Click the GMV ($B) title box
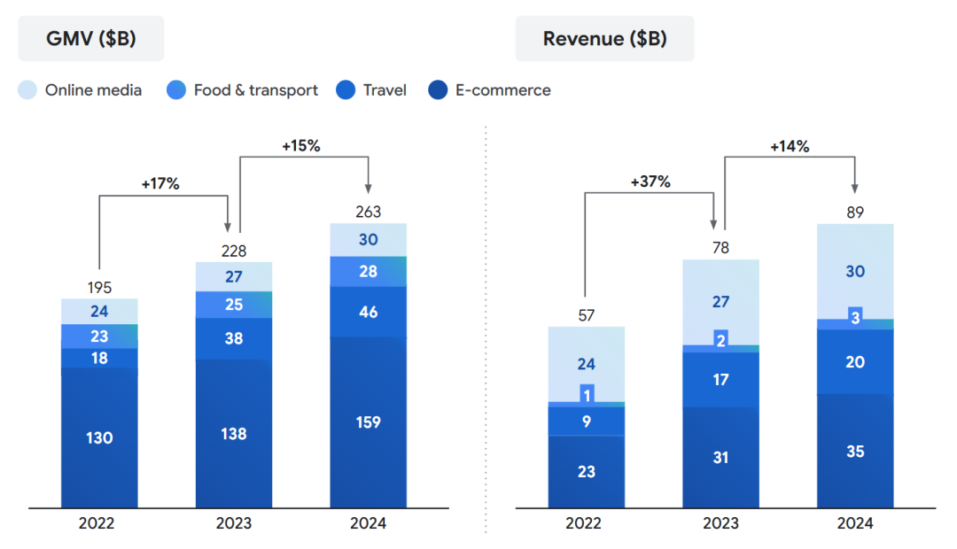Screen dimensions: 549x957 click(91, 38)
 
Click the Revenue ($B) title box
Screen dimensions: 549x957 click(604, 38)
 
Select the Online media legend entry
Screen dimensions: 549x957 click(81, 90)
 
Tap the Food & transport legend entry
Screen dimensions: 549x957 click(243, 90)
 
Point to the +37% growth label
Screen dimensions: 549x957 click(650, 182)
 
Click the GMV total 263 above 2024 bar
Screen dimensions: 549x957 click(368, 211)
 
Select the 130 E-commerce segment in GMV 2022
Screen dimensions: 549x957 click(99, 437)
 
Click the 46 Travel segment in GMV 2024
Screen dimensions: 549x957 click(368, 312)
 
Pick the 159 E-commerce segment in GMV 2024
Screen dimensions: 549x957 click(368, 422)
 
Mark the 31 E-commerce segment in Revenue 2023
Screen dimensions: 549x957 click(720, 457)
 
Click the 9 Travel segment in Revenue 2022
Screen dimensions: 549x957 click(587, 421)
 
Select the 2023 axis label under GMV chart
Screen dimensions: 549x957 click(234, 523)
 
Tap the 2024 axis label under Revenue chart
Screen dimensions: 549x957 click(855, 523)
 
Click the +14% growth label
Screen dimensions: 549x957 click(790, 147)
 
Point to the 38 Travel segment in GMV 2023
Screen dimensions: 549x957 click(234, 338)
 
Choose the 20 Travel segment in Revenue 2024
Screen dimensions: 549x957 click(855, 361)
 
